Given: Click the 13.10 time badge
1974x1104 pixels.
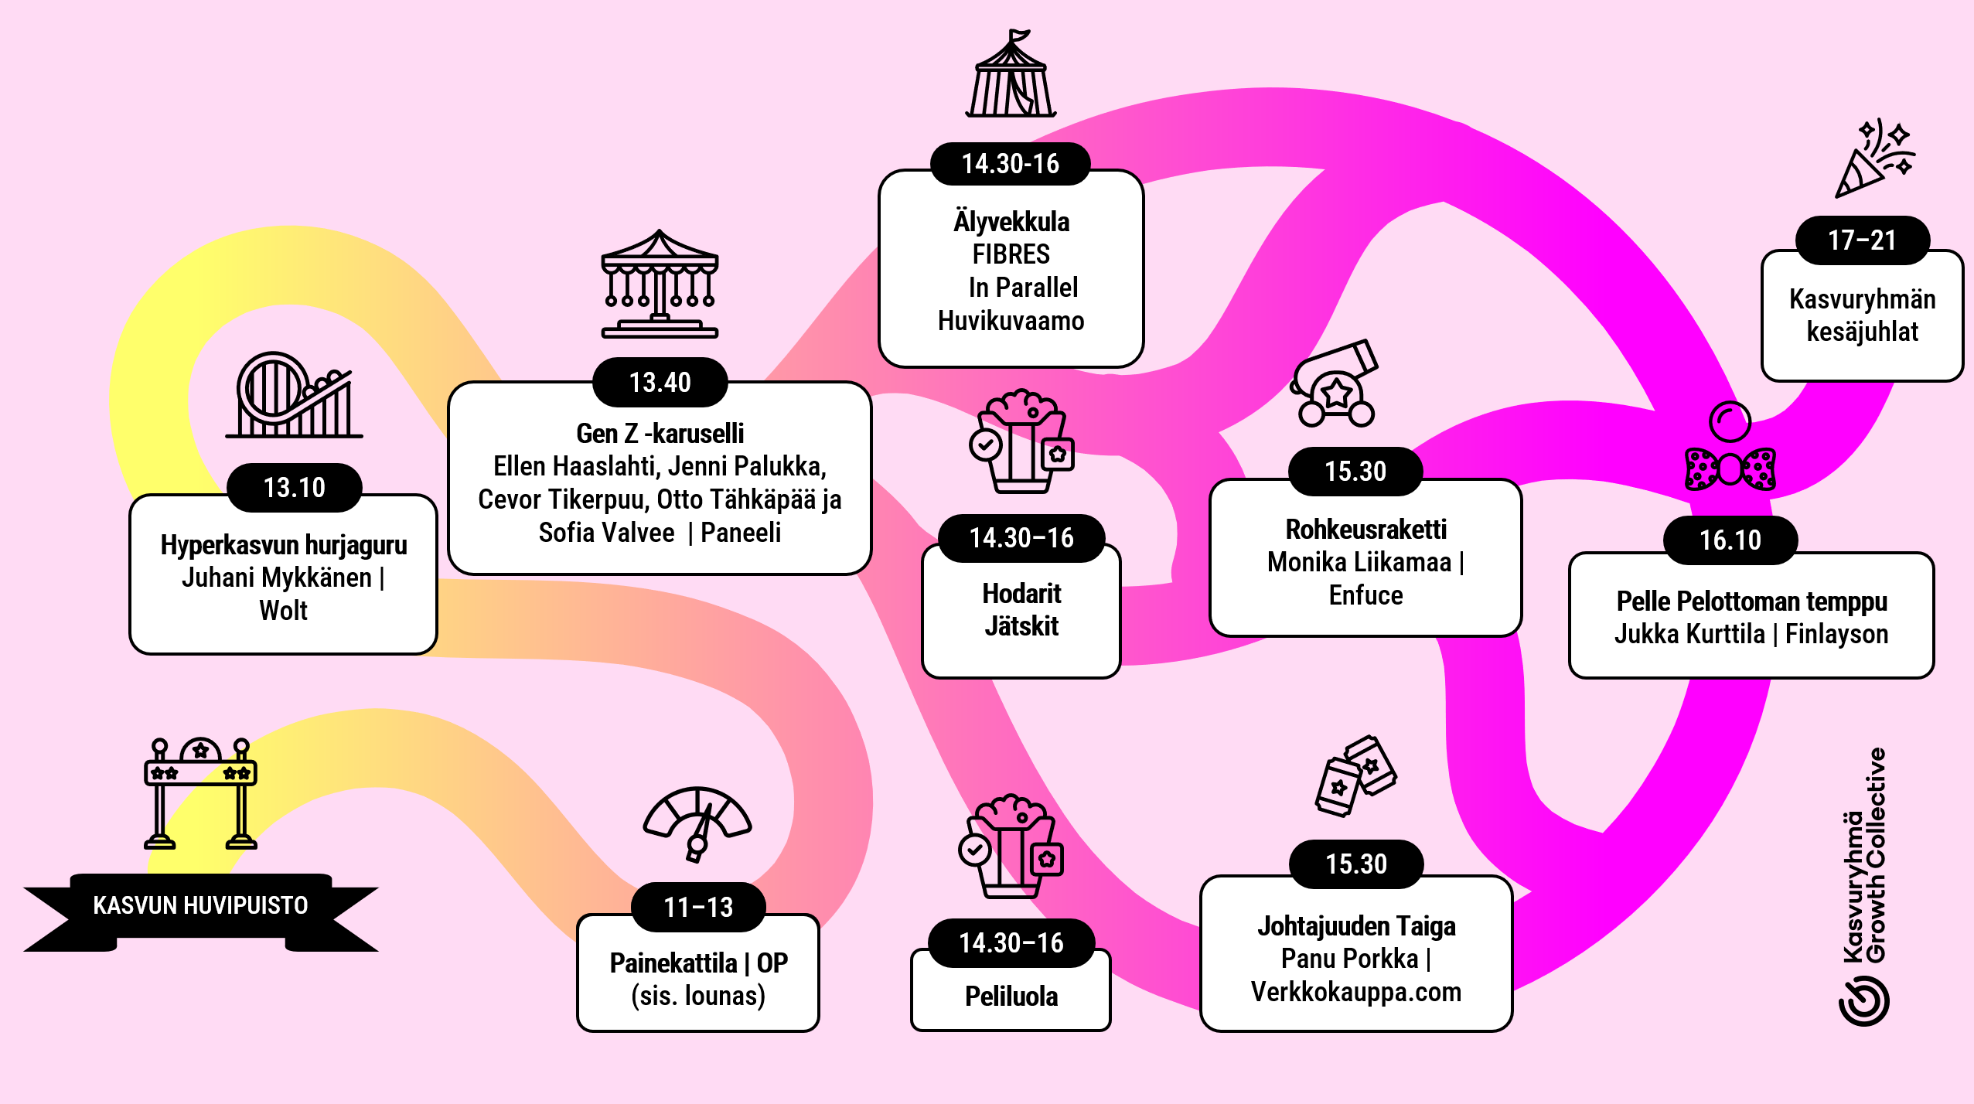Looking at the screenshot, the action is point(294,487).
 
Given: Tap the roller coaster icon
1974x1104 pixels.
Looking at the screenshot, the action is point(294,395).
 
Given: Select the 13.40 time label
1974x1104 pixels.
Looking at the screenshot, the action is point(660,382).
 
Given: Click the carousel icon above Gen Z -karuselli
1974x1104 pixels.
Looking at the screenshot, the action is point(660,284).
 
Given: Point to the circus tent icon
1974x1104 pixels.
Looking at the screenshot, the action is point(1011,73).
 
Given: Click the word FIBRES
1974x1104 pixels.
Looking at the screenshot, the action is point(1011,254).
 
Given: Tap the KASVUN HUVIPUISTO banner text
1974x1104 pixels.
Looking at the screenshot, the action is point(200,905).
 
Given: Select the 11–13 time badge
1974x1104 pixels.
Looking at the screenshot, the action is point(698,907).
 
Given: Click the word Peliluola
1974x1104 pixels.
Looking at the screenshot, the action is point(1011,997).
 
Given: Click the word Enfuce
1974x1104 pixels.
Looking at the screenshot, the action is point(1365,595).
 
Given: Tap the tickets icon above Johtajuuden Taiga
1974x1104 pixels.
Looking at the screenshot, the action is point(1355,776).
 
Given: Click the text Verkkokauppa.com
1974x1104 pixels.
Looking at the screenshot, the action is point(1356,992).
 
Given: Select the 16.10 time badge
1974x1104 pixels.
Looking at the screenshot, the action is point(1730,540).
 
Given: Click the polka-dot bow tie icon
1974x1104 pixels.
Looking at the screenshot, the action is point(1730,469).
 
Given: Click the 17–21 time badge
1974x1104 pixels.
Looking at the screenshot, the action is point(1862,240).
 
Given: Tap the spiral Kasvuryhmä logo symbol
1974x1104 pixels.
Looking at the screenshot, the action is point(1864,1000).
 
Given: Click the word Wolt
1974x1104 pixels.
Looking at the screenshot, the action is point(283,611).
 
